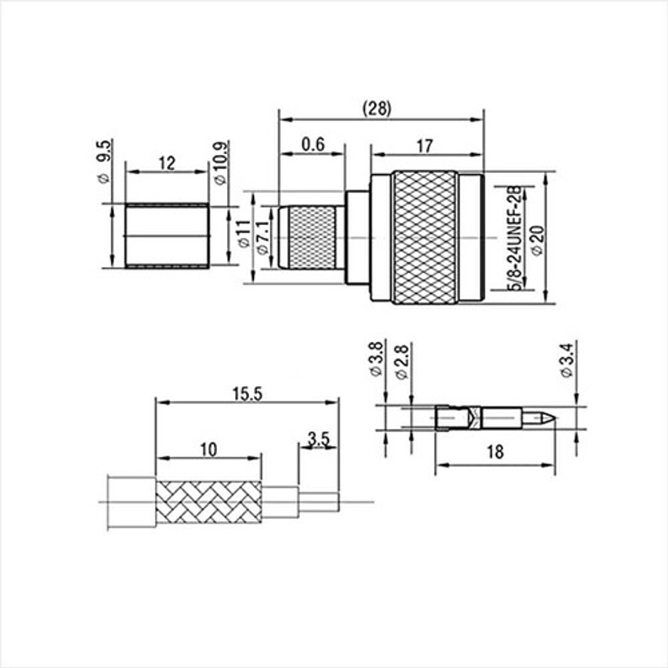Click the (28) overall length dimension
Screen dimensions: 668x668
377,109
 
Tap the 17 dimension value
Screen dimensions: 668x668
424,146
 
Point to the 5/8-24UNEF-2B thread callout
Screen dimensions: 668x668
515,238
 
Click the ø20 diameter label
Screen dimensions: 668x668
538,239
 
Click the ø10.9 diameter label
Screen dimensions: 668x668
220,164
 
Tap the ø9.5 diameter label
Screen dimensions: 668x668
104,161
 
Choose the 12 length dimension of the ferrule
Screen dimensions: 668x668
166,163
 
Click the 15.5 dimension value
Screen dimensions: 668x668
247,394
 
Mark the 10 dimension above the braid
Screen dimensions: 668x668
208,450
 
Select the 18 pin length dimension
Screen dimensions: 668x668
494,452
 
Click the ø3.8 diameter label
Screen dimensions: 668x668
377,360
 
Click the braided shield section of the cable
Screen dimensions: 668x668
209,503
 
